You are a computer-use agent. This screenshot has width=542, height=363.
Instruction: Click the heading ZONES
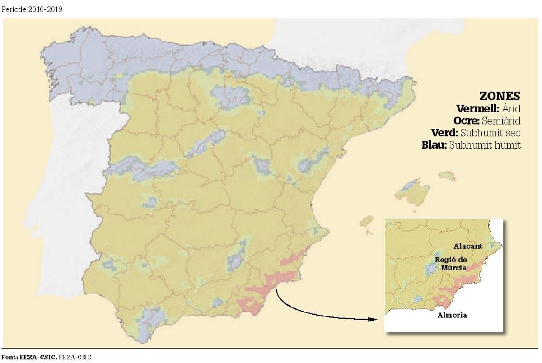coord(500,96)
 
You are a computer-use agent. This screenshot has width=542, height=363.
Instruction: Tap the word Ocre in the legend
coord(467,121)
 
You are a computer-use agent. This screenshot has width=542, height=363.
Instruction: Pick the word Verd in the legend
coord(444,133)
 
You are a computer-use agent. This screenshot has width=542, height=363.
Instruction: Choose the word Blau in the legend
coord(434,145)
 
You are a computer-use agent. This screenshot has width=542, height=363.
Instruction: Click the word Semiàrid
coord(501,121)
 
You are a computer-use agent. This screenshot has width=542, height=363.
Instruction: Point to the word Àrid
coord(511,109)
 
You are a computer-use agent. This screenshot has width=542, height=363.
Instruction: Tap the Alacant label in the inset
coord(468,246)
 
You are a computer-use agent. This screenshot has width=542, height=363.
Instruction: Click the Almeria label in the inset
coord(452,315)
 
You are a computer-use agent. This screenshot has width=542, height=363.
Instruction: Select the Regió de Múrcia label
coord(450,264)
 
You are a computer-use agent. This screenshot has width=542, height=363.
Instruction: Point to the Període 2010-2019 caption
coord(32,9)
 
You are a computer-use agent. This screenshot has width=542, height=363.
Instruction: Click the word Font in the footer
coord(9,357)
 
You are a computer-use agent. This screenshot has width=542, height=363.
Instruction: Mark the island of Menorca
coord(446,175)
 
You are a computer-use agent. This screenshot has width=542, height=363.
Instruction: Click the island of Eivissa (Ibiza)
coord(367,222)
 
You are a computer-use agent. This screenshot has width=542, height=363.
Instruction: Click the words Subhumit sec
coord(490,133)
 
